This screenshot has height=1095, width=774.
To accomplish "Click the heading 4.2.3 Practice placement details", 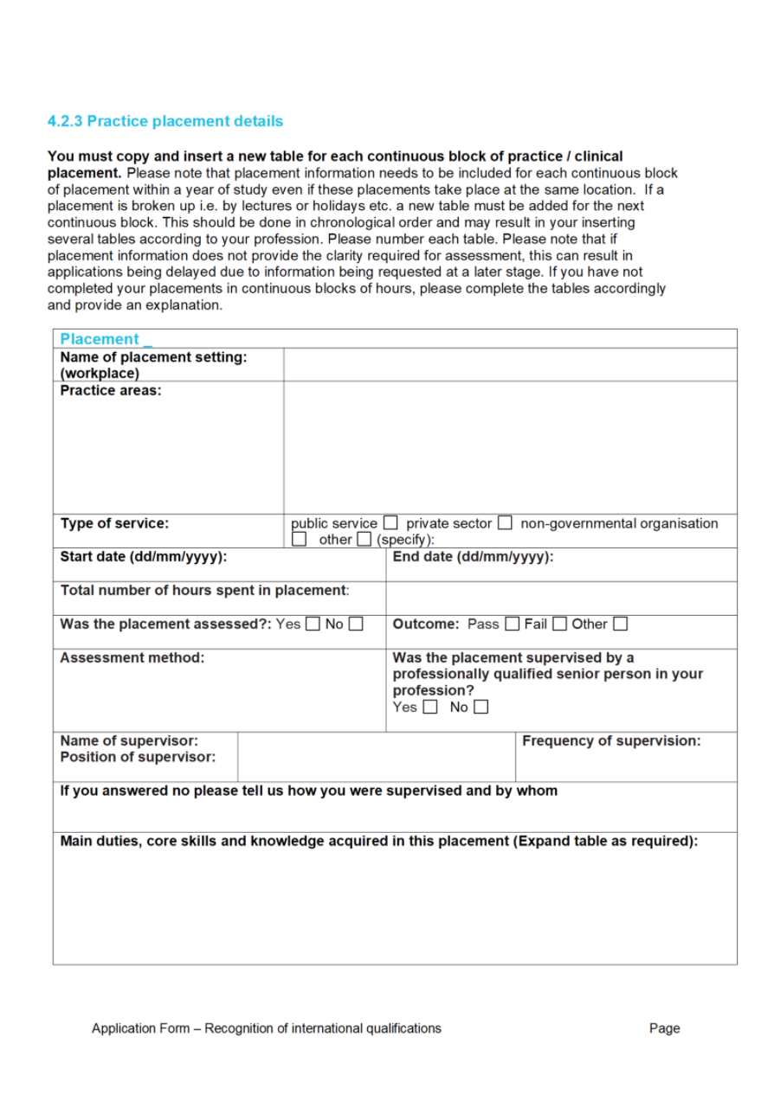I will [164, 121].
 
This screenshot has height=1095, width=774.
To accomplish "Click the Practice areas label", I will [111, 391].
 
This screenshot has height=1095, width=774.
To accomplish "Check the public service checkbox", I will [390, 523].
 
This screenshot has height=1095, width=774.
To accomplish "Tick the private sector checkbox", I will [505, 523].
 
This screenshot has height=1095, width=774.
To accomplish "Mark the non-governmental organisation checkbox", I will [300, 540].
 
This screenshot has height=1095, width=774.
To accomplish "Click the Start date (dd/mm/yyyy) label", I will [143, 557].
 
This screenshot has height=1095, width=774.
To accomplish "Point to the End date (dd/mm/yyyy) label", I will [473, 557].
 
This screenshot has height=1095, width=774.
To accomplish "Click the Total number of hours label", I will [204, 591].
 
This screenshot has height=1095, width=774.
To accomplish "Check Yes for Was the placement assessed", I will [313, 624].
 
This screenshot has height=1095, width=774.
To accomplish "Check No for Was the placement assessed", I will [355, 624].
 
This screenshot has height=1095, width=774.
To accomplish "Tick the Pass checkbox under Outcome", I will [512, 624].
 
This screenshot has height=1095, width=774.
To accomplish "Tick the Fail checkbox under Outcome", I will [559, 624].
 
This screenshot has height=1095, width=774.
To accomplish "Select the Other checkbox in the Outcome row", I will [620, 624].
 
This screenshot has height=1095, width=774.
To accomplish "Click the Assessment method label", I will [132, 658].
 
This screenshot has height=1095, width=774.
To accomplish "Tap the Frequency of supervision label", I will [611, 741].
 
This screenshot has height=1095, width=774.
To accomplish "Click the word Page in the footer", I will [664, 1028].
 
